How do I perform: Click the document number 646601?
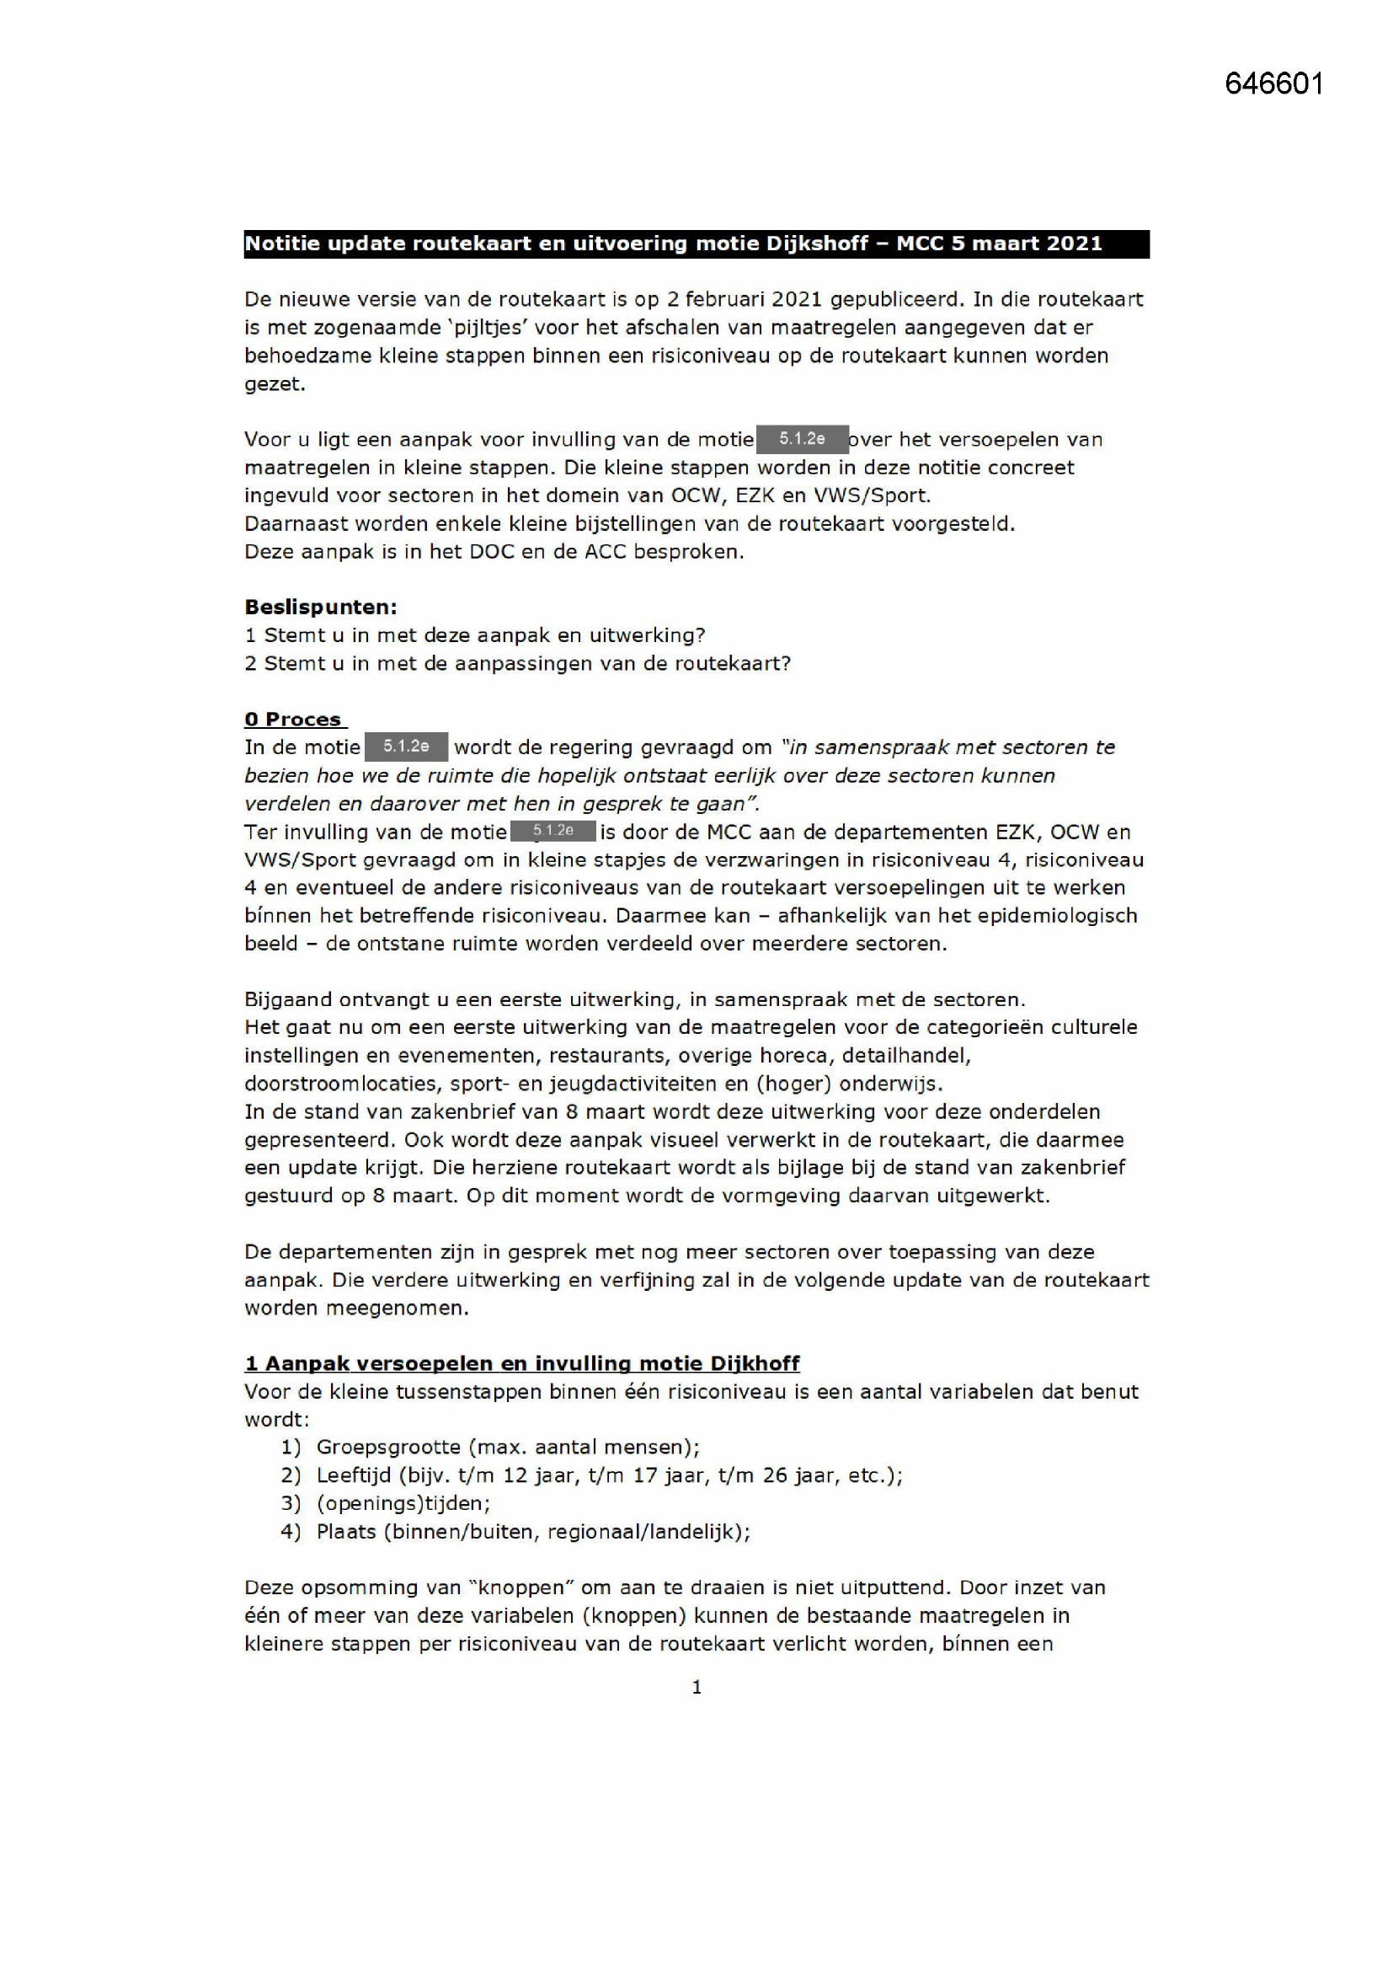tap(1273, 84)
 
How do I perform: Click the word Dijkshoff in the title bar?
tap(816, 244)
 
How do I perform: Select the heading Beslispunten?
tap(321, 608)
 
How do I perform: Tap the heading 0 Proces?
tap(294, 719)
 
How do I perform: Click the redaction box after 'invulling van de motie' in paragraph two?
tap(802, 439)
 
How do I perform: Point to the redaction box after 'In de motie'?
tap(406, 747)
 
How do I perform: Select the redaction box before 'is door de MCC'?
tap(552, 831)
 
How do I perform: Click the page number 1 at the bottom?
tap(696, 1687)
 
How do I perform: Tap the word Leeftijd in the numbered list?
tap(354, 1475)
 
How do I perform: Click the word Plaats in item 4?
tap(345, 1532)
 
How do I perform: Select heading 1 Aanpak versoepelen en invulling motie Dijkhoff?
tap(521, 1363)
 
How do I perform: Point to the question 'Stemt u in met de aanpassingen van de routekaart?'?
tap(526, 663)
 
